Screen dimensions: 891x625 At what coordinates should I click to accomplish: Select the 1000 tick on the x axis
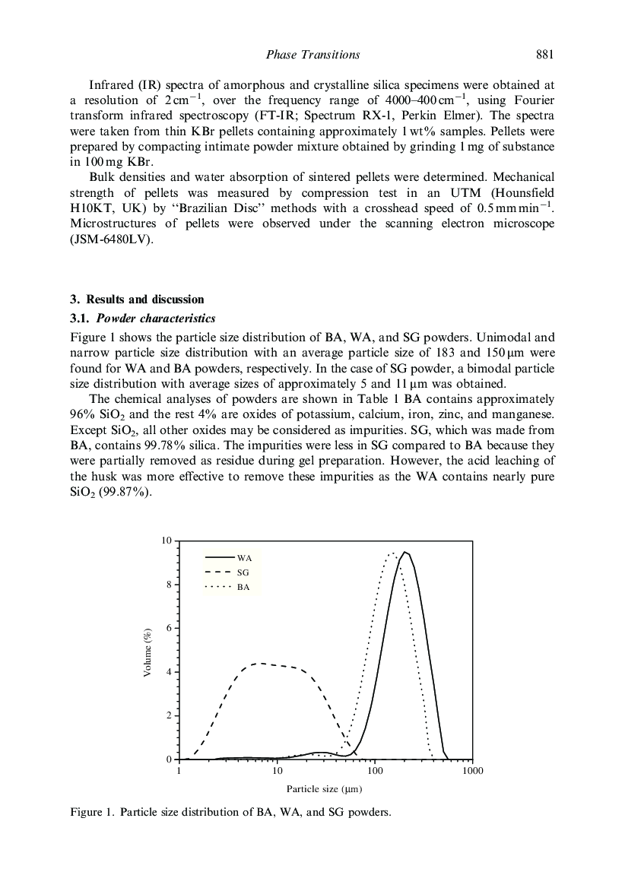click(472, 771)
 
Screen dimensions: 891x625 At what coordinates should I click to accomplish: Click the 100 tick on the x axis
click(374, 771)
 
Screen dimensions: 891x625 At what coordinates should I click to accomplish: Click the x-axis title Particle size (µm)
click(324, 789)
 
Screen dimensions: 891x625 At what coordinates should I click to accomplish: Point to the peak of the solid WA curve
click(405, 552)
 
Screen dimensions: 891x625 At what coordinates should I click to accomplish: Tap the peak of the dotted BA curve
click(392, 553)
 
